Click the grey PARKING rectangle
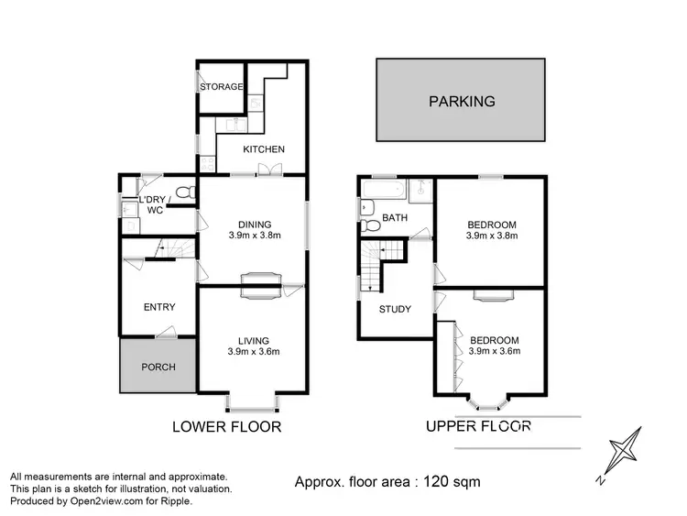pos(462,101)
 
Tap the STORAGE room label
pos(222,87)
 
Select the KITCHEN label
pos(264,149)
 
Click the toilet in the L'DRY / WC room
pos(184,192)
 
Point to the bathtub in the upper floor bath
pos(381,192)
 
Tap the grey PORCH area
pos(158,367)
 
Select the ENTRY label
pos(158,307)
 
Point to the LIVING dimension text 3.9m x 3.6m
pos(254,351)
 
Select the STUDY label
pos(395,309)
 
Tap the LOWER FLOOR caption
pos(227,426)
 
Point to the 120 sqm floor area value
pos(453,481)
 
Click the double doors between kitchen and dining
pos(269,170)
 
